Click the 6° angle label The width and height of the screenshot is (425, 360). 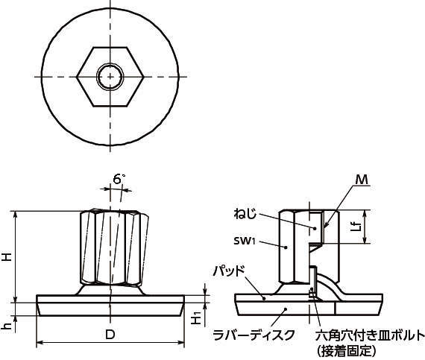click(119, 179)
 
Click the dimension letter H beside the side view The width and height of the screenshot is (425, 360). click(7, 256)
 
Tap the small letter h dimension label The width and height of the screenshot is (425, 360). click(7, 324)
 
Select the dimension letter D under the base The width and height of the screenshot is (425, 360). click(110, 335)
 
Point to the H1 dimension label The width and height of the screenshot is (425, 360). click(196, 318)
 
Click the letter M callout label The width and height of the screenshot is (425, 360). click(362, 180)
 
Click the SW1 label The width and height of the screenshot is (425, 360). click(245, 241)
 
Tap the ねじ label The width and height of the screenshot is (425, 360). click(245, 214)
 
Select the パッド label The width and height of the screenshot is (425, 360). click(229, 271)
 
